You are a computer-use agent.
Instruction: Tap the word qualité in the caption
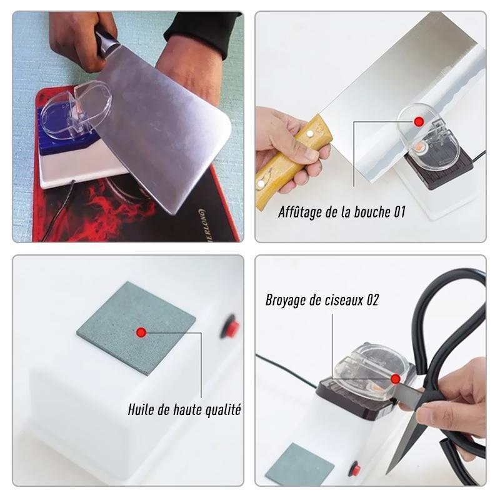pyautogui.click(x=223, y=410)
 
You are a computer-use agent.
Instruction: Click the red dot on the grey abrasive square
pyautogui.click(x=141, y=332)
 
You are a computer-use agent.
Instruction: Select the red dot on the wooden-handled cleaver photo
pyautogui.click(x=418, y=121)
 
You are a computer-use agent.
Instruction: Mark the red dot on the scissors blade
pyautogui.click(x=396, y=379)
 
